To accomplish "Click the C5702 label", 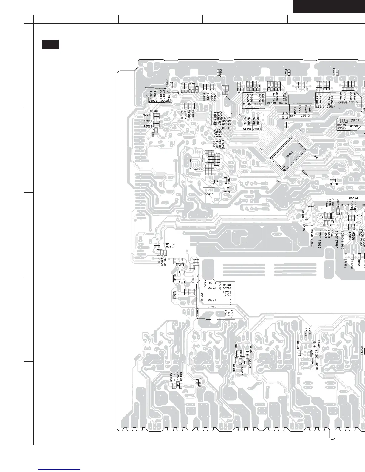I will [221, 73].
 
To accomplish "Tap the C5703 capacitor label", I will [286, 73].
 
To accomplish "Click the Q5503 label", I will [197, 170].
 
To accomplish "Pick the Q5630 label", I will [209, 194].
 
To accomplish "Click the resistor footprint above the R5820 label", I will [333, 181].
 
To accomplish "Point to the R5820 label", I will [334, 184].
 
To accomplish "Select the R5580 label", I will [154, 111].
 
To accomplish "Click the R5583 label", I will [148, 126].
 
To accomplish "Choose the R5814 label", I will [171, 244].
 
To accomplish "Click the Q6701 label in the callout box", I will [212, 300].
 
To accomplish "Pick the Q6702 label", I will [212, 307].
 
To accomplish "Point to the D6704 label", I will [198, 312].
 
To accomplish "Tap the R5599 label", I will [227, 118].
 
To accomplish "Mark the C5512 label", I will [305, 116].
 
